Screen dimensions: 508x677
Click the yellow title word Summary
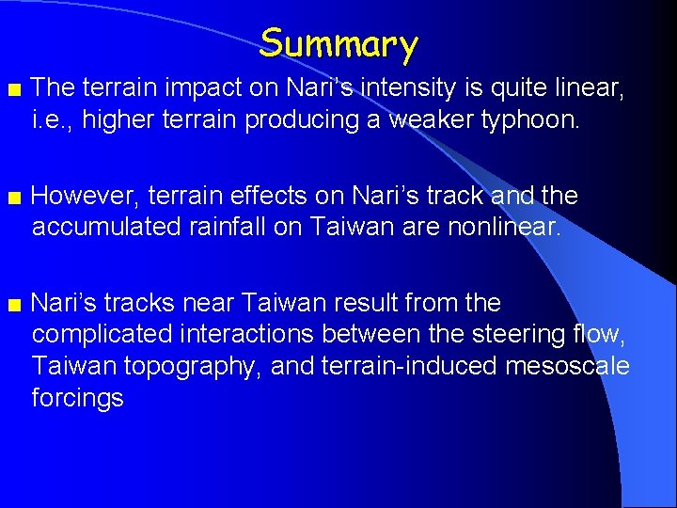[x=338, y=43]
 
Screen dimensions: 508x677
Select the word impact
[x=193, y=88]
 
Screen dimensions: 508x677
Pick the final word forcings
[x=78, y=398]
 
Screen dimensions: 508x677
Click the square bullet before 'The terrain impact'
[x=12, y=89]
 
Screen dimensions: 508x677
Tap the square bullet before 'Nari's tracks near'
[x=12, y=305]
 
